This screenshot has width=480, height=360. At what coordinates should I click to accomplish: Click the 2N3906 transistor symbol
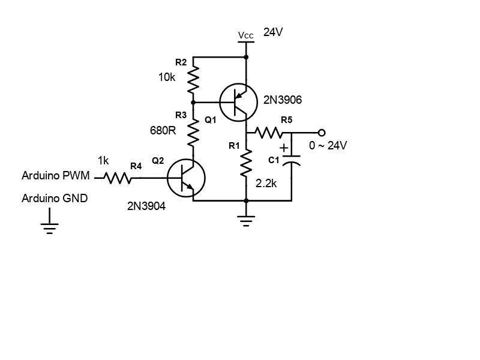[238, 103]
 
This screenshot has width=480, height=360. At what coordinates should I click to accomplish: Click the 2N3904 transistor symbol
[186, 178]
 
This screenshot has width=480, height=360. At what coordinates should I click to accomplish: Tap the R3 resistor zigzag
[193, 133]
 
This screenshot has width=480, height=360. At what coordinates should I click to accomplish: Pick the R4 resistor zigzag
[118, 178]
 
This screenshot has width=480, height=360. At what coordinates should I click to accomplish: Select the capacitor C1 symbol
[292, 162]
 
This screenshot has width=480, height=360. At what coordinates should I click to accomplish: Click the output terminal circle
[322, 132]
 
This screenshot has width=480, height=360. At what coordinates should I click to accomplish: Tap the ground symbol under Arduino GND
[49, 226]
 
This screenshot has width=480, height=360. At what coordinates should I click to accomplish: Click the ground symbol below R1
[246, 222]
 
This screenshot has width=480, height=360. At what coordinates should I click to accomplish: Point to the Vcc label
[246, 35]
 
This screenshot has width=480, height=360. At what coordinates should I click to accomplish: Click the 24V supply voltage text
[273, 32]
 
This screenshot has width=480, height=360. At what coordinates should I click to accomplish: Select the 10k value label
[167, 77]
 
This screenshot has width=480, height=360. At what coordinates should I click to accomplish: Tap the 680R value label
[163, 130]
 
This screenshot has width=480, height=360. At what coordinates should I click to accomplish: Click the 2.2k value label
[266, 184]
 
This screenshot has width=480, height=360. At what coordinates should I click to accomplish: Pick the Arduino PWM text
[56, 176]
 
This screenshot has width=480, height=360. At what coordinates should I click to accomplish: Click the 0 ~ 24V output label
[328, 146]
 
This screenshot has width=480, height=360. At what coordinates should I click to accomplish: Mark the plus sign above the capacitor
[284, 148]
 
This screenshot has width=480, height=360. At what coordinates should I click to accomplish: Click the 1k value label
[103, 161]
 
